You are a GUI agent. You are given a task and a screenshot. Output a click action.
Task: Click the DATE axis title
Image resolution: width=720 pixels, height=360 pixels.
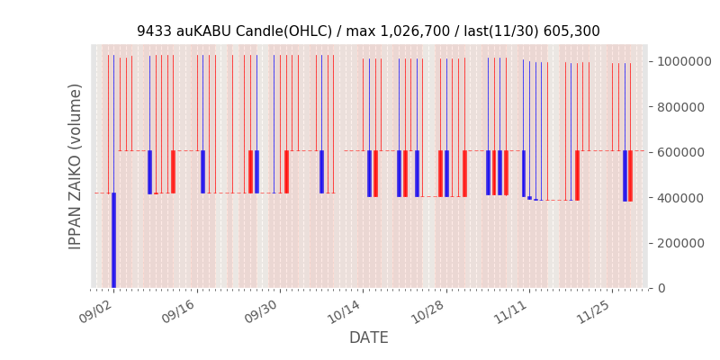click(x=369, y=337)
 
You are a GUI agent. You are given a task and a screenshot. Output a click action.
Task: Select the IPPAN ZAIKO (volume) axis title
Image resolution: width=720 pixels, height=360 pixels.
click(x=76, y=166)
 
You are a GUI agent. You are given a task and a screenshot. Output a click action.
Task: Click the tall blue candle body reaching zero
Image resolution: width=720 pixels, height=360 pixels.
click(x=113, y=240)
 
